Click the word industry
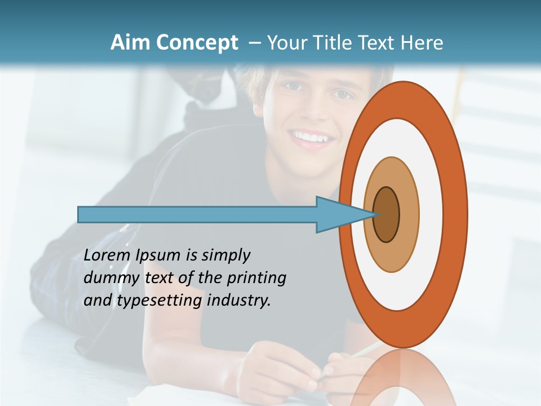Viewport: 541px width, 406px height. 239,301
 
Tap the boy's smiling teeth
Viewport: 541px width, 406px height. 309,137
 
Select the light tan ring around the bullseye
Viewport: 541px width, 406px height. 409,214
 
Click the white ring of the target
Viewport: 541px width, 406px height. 431,214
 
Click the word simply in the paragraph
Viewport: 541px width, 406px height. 225,255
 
